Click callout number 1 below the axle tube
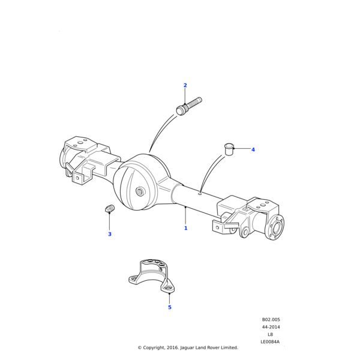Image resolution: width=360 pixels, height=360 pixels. (185, 228)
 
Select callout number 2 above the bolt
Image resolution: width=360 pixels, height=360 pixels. (185, 85)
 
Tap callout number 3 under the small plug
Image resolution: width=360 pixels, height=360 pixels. (109, 234)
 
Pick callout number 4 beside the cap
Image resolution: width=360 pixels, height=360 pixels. (253, 149)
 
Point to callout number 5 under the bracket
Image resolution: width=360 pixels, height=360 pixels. (169, 307)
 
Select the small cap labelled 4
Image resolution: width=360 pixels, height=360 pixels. (228, 148)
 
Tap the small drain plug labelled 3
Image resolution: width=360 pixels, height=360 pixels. (109, 209)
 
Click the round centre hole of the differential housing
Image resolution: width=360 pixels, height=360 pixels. (139, 191)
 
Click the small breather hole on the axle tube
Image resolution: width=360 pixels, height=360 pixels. (200, 193)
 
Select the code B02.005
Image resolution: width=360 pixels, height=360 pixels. (271, 320)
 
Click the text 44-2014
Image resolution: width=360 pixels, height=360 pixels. (271, 327)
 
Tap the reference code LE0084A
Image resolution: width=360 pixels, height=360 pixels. (270, 342)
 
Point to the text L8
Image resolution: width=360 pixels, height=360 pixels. (271, 334)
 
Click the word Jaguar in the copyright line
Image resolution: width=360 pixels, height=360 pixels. (181, 347)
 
